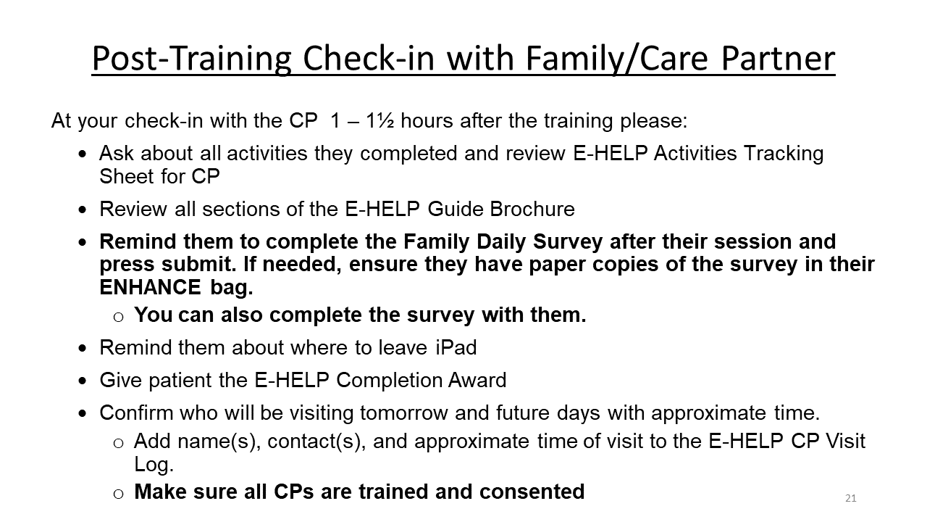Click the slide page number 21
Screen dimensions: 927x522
coord(850,498)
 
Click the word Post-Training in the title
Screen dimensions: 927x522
coord(191,59)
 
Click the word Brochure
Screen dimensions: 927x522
coord(532,209)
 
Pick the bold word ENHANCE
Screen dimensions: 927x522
coord(150,287)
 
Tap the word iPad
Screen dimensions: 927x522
coord(456,347)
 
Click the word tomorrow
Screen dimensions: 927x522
coord(404,413)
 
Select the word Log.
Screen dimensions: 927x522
coord(154,465)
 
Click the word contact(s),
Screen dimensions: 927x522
coord(316,442)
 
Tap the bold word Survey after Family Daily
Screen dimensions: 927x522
coord(568,242)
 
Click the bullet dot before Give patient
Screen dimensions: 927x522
coord(83,381)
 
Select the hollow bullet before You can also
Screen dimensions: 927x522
coord(118,318)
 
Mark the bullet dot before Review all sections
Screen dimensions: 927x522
coord(83,210)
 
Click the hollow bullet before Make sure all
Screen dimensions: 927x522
coord(118,494)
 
